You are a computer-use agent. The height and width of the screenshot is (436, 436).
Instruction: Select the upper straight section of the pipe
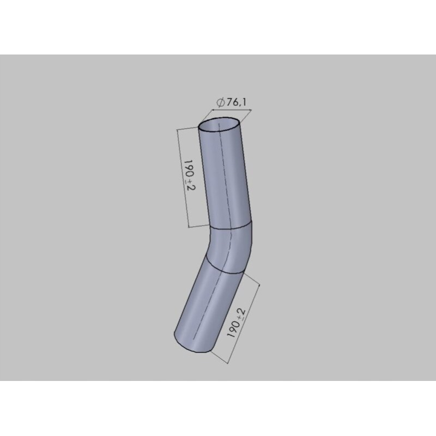[x=225, y=174]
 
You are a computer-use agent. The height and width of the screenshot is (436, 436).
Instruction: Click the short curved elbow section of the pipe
[x=231, y=248]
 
